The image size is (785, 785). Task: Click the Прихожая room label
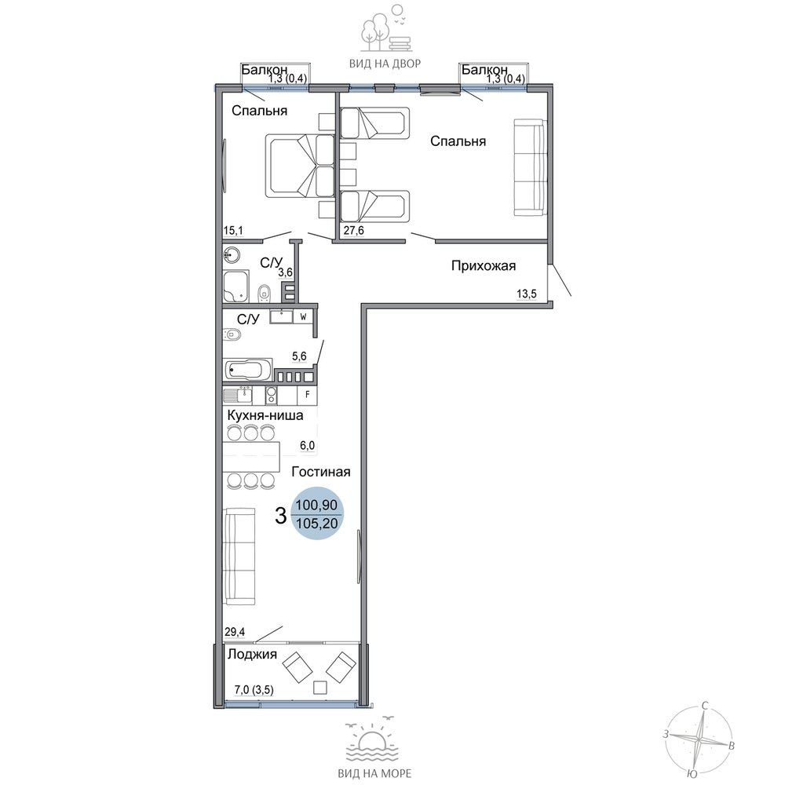click(x=483, y=266)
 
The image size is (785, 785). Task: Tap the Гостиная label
click(x=321, y=472)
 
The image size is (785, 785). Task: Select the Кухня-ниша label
click(x=265, y=415)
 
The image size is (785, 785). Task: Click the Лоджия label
click(x=252, y=655)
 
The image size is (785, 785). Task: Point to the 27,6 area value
click(x=353, y=230)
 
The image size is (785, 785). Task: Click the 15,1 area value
click(x=233, y=230)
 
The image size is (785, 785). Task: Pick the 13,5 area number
click(x=526, y=294)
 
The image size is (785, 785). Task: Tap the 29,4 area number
click(x=235, y=632)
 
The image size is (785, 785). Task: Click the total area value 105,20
click(x=317, y=524)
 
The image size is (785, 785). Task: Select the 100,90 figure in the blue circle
click(x=317, y=505)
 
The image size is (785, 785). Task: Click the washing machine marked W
click(x=303, y=317)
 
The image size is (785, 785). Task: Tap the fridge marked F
click(x=308, y=395)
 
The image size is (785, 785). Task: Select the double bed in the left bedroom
click(x=299, y=166)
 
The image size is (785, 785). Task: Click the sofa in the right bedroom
click(x=528, y=167)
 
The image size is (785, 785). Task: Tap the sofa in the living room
click(x=239, y=556)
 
